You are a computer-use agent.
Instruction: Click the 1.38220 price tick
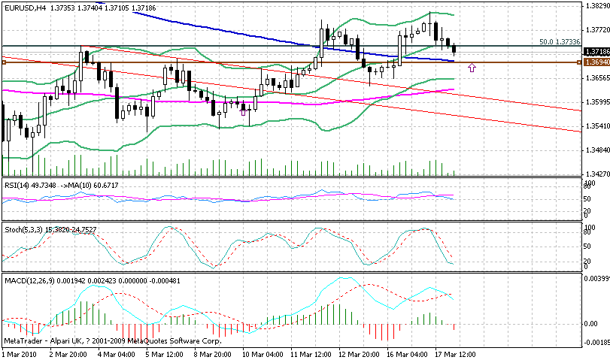(x=596, y=5)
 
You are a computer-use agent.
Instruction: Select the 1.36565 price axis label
(x=596, y=77)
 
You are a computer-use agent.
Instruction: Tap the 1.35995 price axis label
(x=596, y=101)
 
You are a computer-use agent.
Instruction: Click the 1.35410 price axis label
(x=596, y=126)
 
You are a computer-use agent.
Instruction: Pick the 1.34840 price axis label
(x=596, y=150)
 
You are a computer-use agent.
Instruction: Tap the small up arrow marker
(x=472, y=68)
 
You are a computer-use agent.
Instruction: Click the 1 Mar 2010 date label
(x=20, y=353)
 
